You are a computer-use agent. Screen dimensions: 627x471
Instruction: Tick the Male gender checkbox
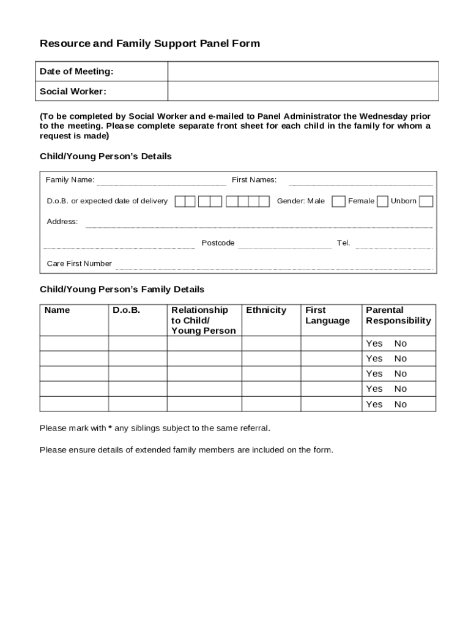coord(338,201)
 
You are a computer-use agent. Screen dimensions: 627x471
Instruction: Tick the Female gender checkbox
coord(382,201)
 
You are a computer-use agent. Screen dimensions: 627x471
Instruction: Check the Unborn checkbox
coord(426,201)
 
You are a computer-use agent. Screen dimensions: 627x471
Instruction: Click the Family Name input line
coord(161,181)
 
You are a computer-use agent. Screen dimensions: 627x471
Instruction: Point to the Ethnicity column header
coord(266,310)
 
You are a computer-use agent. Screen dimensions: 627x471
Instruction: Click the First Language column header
coord(327,315)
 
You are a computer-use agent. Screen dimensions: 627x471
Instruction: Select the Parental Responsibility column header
coord(398,315)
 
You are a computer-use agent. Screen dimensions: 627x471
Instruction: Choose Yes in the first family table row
coord(374,344)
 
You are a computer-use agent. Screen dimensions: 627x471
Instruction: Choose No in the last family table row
coord(400,404)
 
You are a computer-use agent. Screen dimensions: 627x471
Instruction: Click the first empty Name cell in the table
coord(74,344)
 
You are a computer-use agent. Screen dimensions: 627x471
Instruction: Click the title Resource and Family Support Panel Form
coord(150,43)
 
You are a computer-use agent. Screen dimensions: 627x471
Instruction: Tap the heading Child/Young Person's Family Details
coord(122,289)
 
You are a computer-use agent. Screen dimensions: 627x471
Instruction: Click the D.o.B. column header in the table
coord(126,310)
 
